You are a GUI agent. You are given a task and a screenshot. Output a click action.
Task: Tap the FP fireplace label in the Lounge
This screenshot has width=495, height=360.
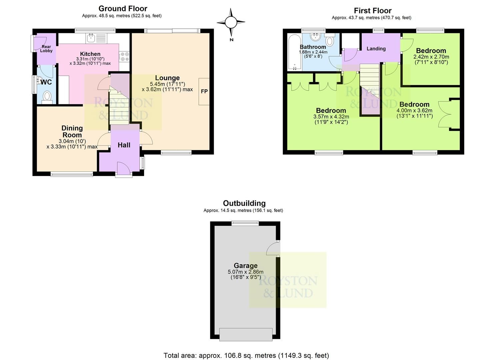[204, 91]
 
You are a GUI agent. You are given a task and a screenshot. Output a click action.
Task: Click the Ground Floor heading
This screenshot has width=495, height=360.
[123, 9]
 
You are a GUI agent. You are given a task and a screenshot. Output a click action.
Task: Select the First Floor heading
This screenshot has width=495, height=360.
[372, 11]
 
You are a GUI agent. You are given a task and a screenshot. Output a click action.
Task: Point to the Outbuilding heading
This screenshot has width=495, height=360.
[244, 203]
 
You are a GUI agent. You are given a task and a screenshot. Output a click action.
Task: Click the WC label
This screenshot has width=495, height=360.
[46, 82]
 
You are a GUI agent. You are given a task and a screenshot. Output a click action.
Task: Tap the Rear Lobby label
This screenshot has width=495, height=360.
[46, 49]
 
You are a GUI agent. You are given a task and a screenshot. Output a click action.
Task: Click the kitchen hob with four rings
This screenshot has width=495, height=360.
[124, 56]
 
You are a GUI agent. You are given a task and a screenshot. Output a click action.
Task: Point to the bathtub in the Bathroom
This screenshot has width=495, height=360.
[294, 52]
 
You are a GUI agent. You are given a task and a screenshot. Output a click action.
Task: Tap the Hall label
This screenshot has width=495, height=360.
[124, 145]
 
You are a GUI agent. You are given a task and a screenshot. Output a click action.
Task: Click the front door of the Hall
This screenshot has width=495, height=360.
[123, 168]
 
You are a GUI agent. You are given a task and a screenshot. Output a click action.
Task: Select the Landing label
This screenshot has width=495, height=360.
[376, 49]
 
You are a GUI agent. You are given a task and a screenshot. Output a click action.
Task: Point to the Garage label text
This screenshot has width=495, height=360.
[245, 266]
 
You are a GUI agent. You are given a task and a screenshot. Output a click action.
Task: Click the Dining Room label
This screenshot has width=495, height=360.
[72, 131]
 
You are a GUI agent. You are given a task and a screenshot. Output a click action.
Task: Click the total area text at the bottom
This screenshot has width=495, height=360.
[246, 355]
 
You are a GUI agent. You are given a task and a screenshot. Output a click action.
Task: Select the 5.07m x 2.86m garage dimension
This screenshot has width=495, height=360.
[245, 272]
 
